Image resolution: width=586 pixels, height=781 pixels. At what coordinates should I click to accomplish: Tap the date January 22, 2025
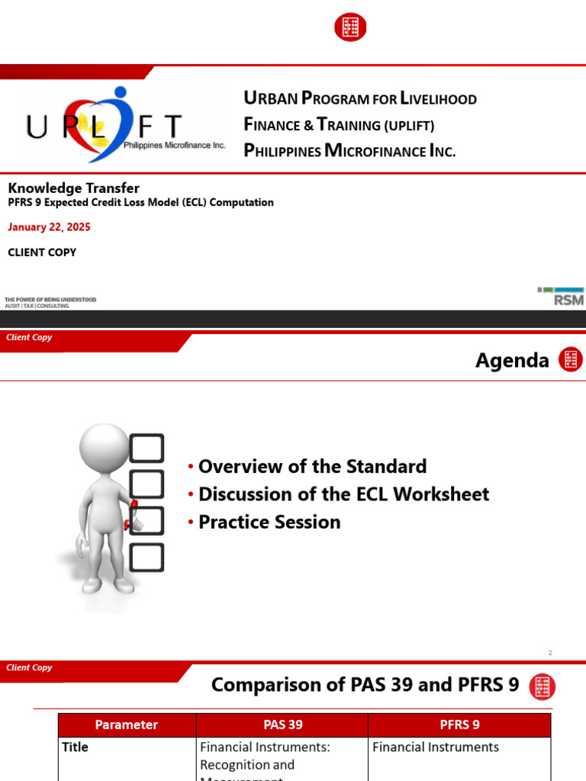[49, 227]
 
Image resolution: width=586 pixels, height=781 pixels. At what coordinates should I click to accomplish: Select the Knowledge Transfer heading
[74, 188]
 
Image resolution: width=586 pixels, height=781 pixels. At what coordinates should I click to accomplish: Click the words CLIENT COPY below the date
[42, 252]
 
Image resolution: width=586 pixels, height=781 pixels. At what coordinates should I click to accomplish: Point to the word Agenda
[512, 360]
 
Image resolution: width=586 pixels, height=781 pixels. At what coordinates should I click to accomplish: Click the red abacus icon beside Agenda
[570, 359]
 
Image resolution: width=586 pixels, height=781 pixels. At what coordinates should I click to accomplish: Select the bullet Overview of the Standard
[312, 466]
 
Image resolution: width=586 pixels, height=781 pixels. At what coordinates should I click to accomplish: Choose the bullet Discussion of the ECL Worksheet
[343, 494]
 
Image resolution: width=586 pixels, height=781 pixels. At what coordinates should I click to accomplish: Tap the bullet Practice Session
[269, 522]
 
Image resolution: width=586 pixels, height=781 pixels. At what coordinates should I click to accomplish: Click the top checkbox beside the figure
[147, 448]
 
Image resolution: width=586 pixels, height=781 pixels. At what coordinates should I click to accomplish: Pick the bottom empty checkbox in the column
[146, 557]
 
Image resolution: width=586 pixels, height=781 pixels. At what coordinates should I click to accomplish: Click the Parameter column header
[127, 725]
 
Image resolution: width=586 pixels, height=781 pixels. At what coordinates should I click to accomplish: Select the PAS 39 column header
[282, 725]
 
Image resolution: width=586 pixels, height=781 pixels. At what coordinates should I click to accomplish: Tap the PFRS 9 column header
[459, 725]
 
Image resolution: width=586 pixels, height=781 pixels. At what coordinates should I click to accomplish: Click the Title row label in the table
[75, 747]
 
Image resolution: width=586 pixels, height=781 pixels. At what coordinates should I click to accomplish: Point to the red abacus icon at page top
[350, 27]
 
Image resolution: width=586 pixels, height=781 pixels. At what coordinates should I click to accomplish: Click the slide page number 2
[549, 653]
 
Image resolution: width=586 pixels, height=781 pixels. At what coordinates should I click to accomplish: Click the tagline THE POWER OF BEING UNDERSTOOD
[50, 299]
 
